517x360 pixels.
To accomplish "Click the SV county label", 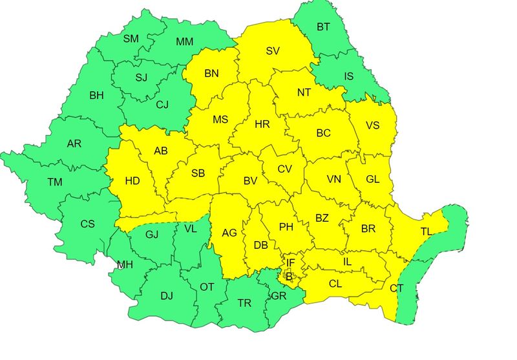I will tap(271, 50).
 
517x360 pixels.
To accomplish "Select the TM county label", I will tap(54, 182).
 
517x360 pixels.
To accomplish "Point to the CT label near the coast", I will tap(396, 288).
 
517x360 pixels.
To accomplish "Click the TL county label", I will tap(427, 231).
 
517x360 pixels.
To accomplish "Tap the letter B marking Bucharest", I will tap(289, 277).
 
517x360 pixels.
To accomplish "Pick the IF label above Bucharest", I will tap(291, 263).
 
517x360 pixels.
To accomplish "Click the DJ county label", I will tap(166, 296).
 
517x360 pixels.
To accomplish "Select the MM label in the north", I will tap(185, 42).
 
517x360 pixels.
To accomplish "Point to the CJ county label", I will tap(163, 104).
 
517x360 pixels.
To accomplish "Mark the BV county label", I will tap(251, 182).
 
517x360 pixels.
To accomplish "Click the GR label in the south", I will tap(279, 296).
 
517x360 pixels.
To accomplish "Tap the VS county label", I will tap(372, 125).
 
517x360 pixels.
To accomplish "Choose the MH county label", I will tap(125, 265).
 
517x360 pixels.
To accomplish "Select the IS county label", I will tap(348, 76).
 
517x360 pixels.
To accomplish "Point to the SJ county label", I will tap(141, 78).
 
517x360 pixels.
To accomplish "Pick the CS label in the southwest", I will tap(87, 224).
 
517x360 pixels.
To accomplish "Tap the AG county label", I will tap(229, 233).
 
